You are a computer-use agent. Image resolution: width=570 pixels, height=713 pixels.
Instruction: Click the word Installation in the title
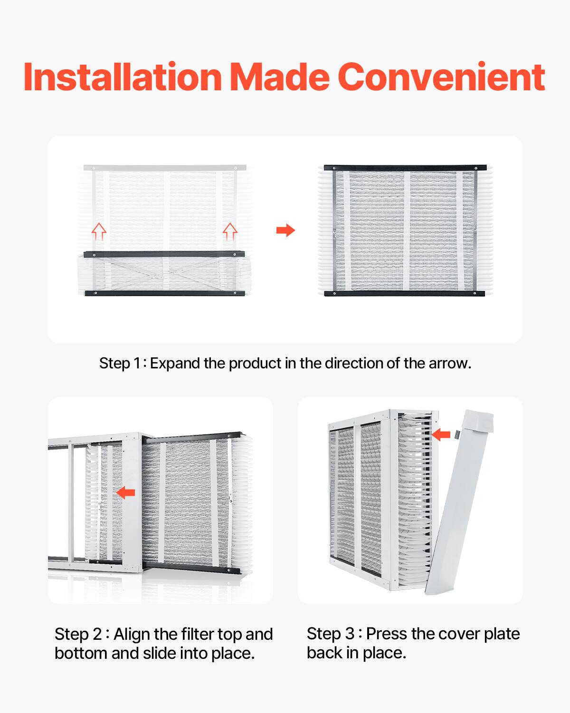[x=123, y=77]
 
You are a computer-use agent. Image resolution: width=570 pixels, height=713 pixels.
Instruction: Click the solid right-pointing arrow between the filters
[x=285, y=231]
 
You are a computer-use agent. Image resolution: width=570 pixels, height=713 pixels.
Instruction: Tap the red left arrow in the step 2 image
[x=126, y=492]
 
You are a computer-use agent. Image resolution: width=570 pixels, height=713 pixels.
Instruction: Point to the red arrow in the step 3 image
[x=441, y=434]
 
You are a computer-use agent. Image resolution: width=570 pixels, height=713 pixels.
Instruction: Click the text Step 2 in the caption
[x=78, y=634]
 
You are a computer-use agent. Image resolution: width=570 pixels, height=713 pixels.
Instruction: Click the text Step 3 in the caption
[x=331, y=634]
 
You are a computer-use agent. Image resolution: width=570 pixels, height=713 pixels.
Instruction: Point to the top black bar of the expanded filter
[x=405, y=168]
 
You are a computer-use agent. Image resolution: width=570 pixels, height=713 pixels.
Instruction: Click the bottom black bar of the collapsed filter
[x=165, y=293]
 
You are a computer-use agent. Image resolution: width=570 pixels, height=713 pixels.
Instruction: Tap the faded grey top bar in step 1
[x=165, y=168]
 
